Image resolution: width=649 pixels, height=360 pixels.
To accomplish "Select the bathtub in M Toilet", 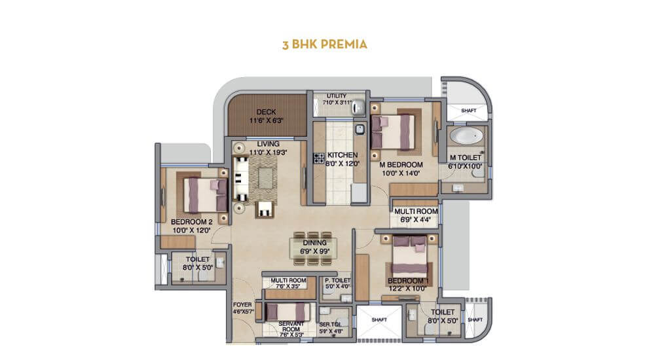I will pyautogui.click(x=466, y=137).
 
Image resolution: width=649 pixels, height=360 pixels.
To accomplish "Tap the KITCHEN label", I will pyautogui.click(x=343, y=155).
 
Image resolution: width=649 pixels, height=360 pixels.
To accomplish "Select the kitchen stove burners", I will pyautogui.click(x=319, y=157).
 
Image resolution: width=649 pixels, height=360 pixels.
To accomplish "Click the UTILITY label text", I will pyautogui.click(x=335, y=96).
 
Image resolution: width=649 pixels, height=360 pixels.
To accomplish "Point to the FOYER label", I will pyautogui.click(x=242, y=305).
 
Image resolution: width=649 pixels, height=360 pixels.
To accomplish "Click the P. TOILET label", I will pyautogui.click(x=337, y=280).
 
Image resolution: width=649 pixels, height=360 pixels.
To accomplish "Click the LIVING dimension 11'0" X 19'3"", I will pyautogui.click(x=268, y=152).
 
